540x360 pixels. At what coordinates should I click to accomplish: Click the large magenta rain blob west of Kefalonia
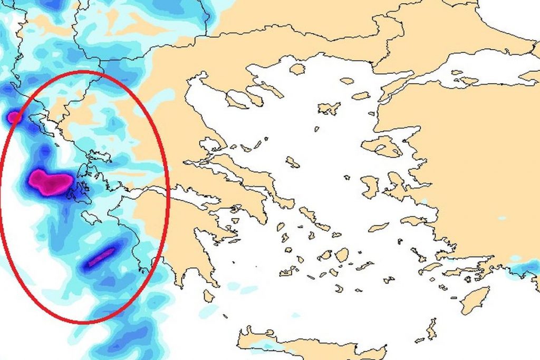pyautogui.click(x=50, y=182)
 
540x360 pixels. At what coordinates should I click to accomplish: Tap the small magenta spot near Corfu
pyautogui.click(x=14, y=117)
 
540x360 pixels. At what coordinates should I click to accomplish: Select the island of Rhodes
pyautogui.click(x=475, y=299)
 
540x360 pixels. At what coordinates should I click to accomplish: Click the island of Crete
pyautogui.click(x=311, y=345)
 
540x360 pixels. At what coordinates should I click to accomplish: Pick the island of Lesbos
pyautogui.click(x=382, y=147)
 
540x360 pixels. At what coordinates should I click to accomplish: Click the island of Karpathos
pyautogui.click(x=432, y=329)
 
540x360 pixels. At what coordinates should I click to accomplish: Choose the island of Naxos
pyautogui.click(x=342, y=255)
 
